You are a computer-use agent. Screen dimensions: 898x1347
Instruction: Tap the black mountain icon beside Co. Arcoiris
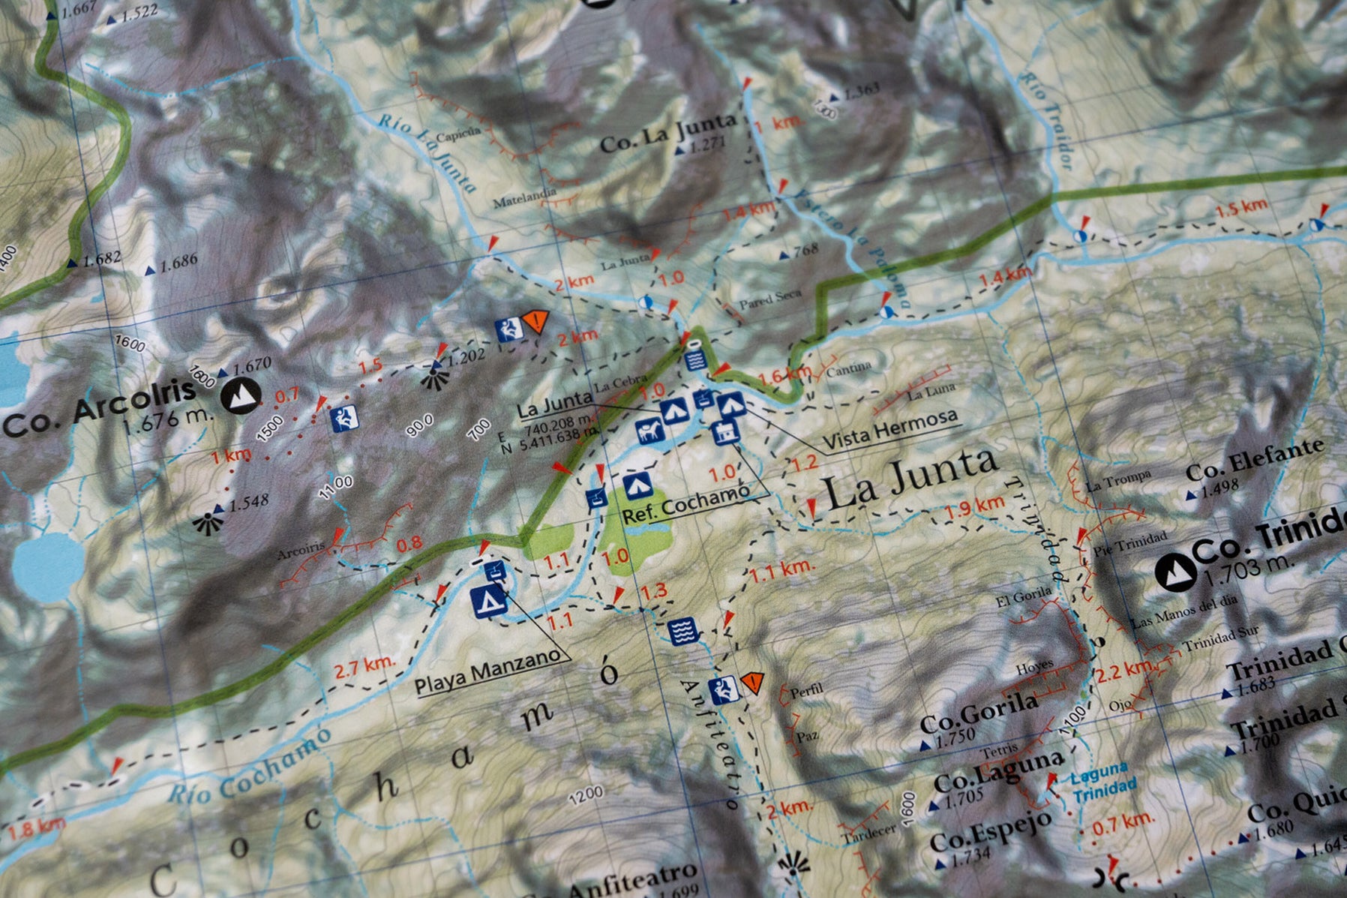tap(241, 396)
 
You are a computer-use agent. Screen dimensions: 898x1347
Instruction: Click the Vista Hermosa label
tap(890, 431)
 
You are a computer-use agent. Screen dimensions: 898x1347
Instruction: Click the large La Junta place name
tap(911, 479)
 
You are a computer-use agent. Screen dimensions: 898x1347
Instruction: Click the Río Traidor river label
tap(1047, 120)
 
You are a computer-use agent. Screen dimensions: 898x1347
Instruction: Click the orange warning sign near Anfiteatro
tap(751, 682)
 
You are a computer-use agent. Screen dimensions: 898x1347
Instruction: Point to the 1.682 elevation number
tap(102, 260)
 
